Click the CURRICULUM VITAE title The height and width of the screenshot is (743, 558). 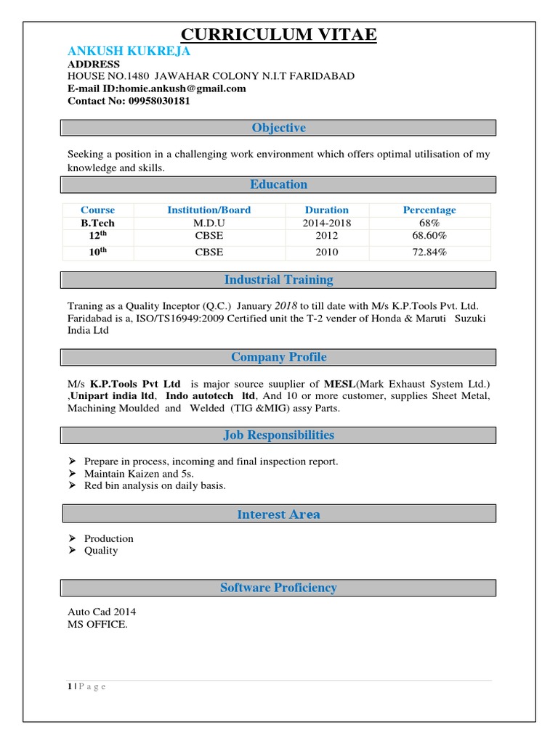(x=278, y=34)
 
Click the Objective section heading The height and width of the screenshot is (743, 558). (x=278, y=128)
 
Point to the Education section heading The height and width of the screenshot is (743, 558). (x=278, y=184)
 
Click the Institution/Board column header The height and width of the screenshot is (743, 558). (x=209, y=210)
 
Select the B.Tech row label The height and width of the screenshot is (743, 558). (x=97, y=223)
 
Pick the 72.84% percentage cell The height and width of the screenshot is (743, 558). (x=429, y=252)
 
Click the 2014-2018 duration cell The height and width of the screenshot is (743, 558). (x=326, y=223)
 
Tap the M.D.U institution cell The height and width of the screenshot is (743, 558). (x=209, y=223)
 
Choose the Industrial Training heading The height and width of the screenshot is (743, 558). (x=278, y=279)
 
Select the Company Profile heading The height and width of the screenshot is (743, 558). (x=278, y=357)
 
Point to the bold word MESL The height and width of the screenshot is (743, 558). (x=340, y=383)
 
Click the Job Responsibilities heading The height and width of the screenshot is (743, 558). (x=278, y=435)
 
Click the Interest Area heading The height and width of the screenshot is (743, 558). (x=278, y=514)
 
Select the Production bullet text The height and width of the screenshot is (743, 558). (x=109, y=538)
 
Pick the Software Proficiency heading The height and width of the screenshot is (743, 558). (x=278, y=588)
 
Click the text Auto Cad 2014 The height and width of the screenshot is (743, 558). (x=102, y=612)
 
